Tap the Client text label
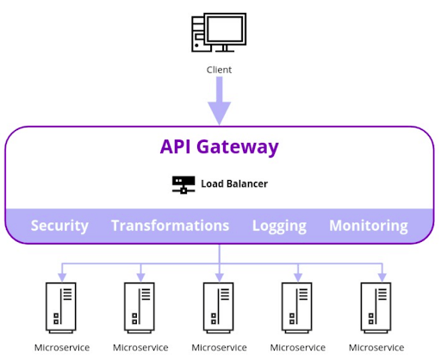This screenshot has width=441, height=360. tap(219, 70)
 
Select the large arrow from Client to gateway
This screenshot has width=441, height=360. tap(219, 101)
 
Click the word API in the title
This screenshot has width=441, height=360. tap(178, 146)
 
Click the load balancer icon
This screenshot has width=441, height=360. tap(183, 184)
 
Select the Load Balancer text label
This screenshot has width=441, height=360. tap(234, 184)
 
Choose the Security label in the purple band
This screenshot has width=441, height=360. tap(59, 226)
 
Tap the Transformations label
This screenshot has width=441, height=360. tap(170, 226)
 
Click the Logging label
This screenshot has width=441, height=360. tap(279, 226)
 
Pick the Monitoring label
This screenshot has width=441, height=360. tap(369, 226)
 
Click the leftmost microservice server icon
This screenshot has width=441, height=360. tap(61, 307)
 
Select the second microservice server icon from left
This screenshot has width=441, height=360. tap(140, 307)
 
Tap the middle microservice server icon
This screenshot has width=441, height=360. tap(219, 307)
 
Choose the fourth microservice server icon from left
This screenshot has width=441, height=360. tap(298, 307)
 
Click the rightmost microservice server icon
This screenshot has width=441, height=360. tap(376, 307)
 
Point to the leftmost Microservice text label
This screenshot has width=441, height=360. tap(61, 348)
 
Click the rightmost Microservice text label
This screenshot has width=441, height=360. tap(376, 348)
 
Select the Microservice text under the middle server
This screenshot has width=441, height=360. tap(219, 348)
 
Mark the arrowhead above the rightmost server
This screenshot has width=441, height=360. tap(376, 276)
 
